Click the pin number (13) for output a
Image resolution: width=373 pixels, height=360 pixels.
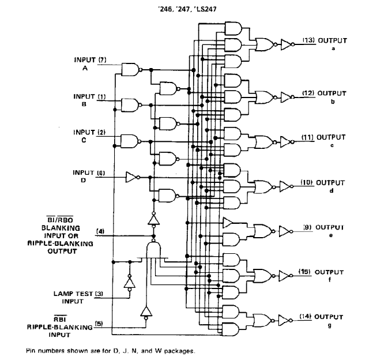(x=309, y=40)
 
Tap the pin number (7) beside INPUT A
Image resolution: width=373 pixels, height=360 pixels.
(x=102, y=59)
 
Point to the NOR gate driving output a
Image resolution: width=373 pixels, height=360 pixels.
(x=266, y=44)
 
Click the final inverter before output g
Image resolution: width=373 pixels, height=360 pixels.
(x=285, y=320)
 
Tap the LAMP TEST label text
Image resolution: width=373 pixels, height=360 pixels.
(x=73, y=294)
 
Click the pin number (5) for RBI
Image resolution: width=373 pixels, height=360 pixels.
(x=99, y=324)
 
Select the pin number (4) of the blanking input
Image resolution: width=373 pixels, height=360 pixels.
(x=100, y=231)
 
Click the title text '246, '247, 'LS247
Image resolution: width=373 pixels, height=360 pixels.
(x=187, y=9)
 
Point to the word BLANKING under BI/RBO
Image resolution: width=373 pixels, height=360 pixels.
(x=61, y=228)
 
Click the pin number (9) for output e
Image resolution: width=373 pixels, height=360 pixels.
(x=307, y=227)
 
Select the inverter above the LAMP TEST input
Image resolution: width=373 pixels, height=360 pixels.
(x=130, y=283)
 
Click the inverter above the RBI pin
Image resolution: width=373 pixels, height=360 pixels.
(x=146, y=313)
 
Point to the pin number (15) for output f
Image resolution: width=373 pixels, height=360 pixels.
(x=304, y=271)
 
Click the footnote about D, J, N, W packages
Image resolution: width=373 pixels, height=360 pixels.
(x=110, y=351)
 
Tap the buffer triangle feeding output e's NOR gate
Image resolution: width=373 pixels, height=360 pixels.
(x=228, y=223)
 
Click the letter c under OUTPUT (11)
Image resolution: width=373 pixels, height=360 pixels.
(x=332, y=145)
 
